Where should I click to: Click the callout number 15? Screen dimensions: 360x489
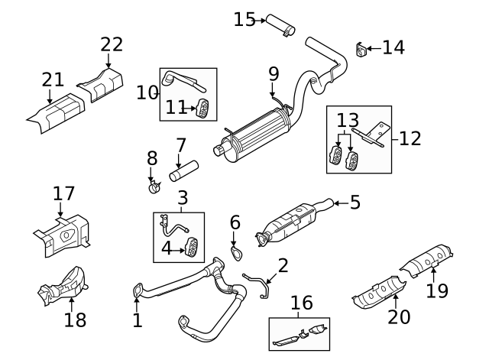click(x=244, y=18)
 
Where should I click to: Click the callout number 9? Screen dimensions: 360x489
click(x=274, y=74)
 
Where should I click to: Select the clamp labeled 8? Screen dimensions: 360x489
click(x=154, y=186)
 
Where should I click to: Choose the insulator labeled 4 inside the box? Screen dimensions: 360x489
click(x=191, y=246)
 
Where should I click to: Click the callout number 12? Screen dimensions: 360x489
click(x=410, y=138)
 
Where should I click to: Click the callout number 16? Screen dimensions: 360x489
click(x=302, y=303)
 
